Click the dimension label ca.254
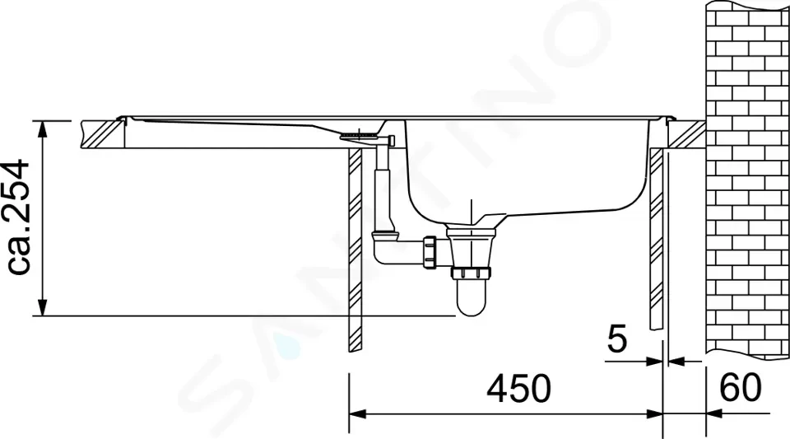coord(16,217)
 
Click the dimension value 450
coord(519,389)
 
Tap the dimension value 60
coord(740,388)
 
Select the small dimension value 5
coord(617,339)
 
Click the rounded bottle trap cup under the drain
coord(471,298)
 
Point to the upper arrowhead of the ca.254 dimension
coord(43,129)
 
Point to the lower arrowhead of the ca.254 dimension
coord(43,307)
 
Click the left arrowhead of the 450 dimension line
coord(356,414)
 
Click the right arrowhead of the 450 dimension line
coord(654,414)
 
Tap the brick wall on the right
coord(748,180)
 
